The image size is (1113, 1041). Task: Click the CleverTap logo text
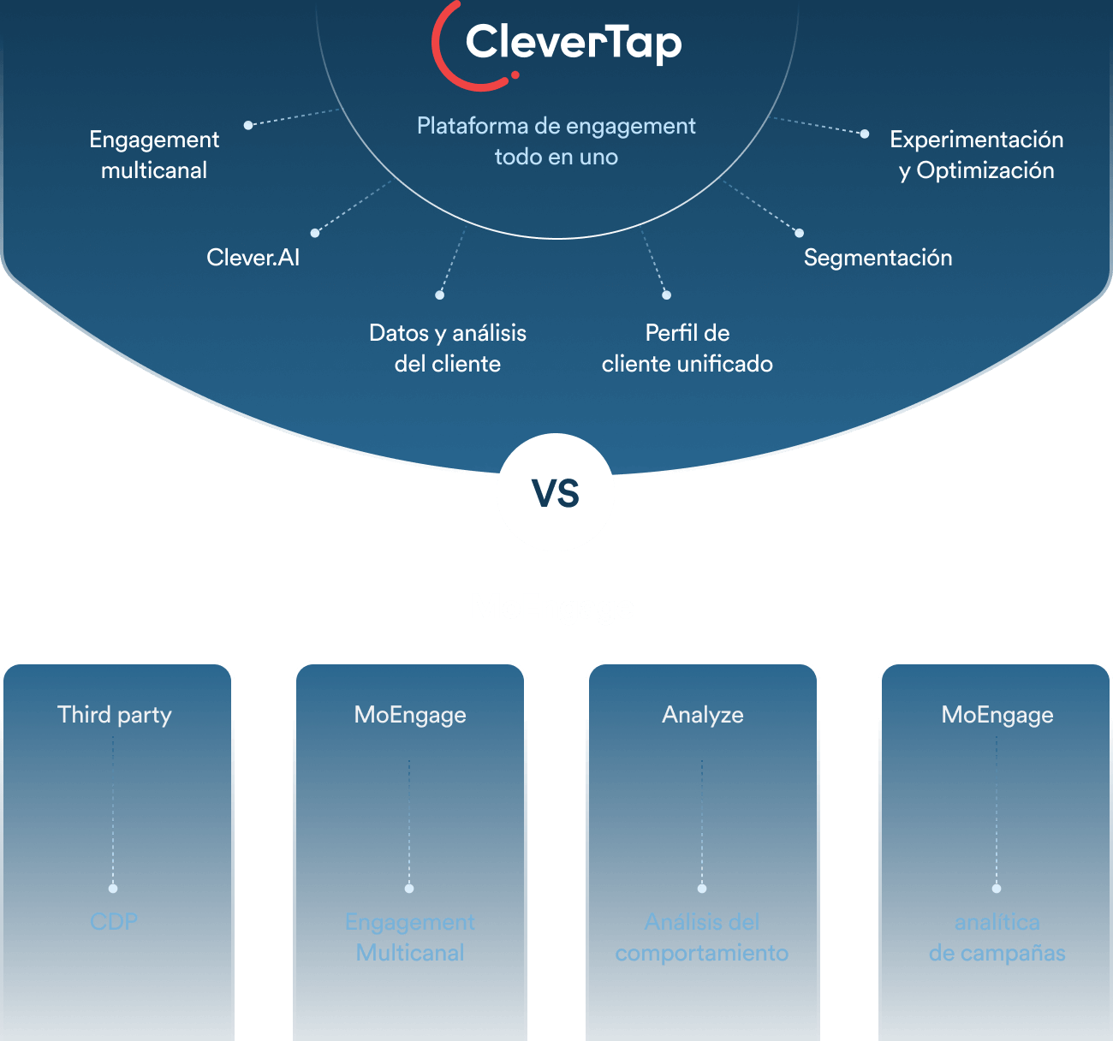click(573, 43)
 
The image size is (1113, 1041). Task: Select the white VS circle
click(556, 492)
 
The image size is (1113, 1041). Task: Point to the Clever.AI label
click(253, 258)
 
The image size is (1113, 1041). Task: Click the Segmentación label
click(878, 258)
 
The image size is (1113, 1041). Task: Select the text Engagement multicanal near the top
click(154, 155)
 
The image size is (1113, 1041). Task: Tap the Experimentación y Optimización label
click(976, 155)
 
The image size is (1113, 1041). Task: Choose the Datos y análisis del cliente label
click(448, 348)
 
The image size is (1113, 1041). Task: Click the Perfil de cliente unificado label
click(687, 348)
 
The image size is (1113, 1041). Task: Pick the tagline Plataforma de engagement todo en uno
click(556, 141)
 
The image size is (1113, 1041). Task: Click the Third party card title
click(115, 715)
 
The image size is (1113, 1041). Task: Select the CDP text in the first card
click(114, 922)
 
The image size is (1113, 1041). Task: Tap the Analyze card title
click(702, 715)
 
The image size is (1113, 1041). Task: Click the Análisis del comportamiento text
click(702, 937)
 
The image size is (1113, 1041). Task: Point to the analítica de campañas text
click(997, 937)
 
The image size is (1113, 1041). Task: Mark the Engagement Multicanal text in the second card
click(410, 937)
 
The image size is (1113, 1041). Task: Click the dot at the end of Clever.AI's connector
click(315, 233)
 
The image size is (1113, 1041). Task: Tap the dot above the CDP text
click(113, 889)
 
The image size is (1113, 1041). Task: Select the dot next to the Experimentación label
click(865, 134)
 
